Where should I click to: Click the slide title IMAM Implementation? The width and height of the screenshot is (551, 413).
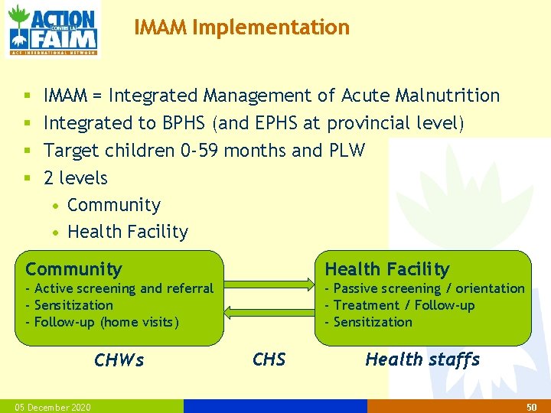click(242, 28)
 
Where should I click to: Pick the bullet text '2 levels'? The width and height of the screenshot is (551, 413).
click(76, 178)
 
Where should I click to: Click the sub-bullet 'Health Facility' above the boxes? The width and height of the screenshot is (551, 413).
click(128, 232)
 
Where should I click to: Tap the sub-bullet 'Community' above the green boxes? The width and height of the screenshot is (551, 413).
click(114, 205)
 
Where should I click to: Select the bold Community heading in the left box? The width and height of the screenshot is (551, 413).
click(73, 269)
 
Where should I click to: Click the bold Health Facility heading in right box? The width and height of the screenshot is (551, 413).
click(387, 269)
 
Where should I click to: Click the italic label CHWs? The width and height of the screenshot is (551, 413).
click(119, 359)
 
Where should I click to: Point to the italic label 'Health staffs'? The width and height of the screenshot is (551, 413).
click(422, 359)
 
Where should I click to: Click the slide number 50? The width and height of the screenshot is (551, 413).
click(531, 407)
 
